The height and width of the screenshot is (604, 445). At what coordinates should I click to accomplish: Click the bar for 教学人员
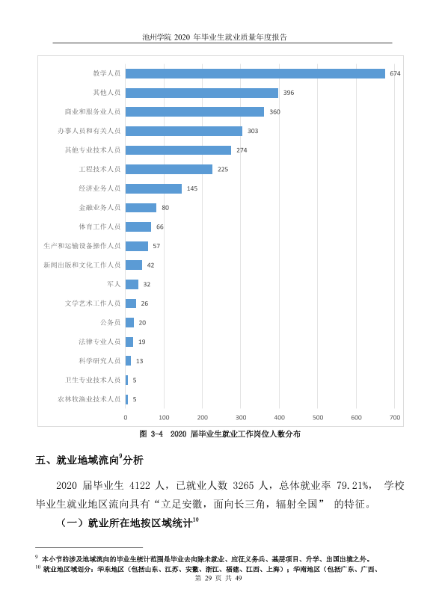(255, 73)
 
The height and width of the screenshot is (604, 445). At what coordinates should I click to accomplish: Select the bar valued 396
(202, 93)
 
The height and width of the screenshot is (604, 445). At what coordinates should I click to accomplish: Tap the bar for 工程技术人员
(169, 169)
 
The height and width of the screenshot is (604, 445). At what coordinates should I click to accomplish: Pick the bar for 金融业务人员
(141, 208)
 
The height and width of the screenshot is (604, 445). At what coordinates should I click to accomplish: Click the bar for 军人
(132, 284)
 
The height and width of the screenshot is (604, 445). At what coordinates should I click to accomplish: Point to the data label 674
(395, 73)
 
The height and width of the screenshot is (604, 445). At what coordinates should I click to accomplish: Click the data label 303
(253, 131)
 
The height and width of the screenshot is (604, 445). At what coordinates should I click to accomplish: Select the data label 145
(192, 188)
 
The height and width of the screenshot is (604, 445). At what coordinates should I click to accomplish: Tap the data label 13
(139, 361)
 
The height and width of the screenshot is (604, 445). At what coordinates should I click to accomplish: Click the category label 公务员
(110, 322)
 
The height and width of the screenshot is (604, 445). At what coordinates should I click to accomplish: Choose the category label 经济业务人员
(99, 188)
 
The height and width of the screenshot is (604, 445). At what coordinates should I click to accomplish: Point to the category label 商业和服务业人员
(93, 111)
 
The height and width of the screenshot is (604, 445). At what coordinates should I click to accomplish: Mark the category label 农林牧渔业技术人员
(89, 399)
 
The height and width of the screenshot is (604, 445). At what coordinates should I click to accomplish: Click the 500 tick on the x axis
(318, 418)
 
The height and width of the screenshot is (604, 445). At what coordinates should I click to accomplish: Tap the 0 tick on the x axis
(126, 418)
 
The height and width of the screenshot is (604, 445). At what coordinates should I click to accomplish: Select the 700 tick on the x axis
(395, 418)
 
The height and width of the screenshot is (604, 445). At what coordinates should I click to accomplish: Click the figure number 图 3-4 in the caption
(151, 434)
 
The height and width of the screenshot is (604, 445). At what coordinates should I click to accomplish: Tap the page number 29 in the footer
(209, 578)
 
